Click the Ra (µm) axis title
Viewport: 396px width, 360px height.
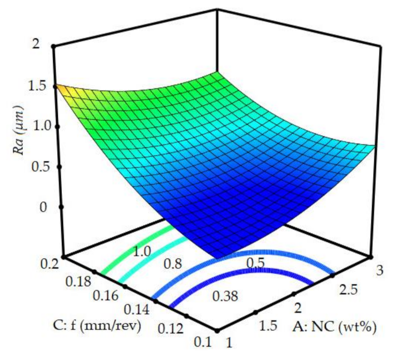pos(19,146)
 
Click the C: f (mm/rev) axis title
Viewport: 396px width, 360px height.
pos(96,326)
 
